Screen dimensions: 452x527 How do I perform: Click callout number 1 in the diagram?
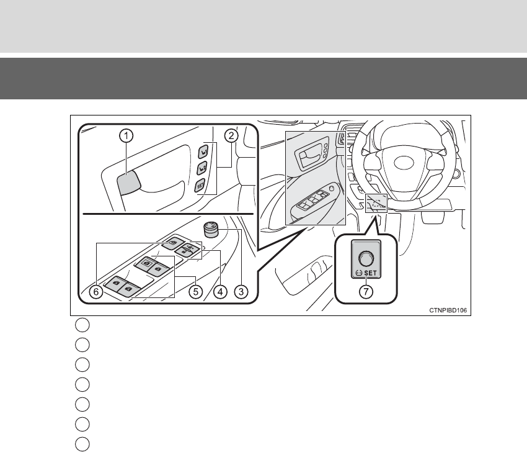125,135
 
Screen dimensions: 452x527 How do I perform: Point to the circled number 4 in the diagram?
218,290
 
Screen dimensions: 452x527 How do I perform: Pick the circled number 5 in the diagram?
195,290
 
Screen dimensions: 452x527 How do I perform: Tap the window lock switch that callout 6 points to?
170,243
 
